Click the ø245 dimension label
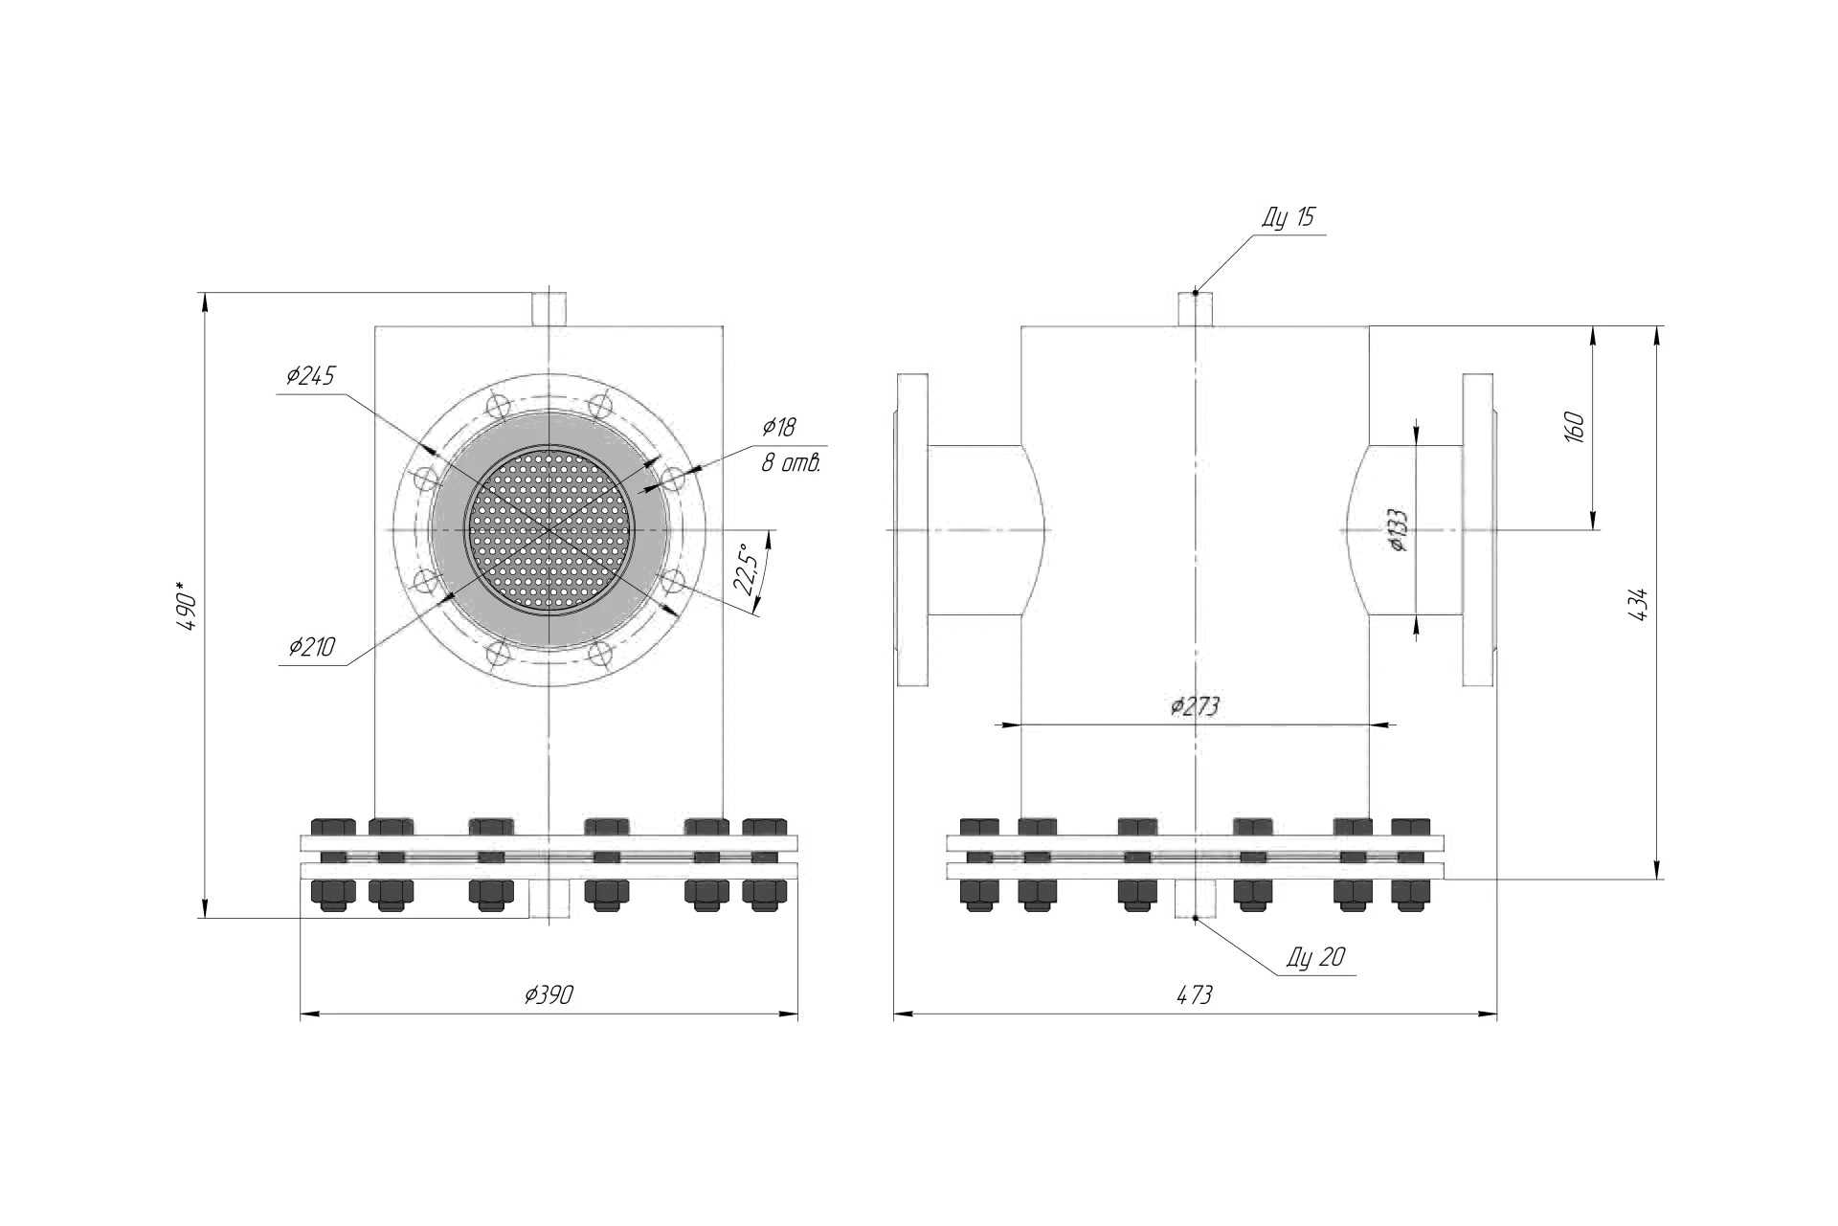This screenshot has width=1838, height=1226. click(x=310, y=376)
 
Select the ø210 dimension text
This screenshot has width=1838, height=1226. click(x=312, y=647)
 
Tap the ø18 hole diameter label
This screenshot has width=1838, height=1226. click(x=778, y=427)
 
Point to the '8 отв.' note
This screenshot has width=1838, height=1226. click(x=791, y=463)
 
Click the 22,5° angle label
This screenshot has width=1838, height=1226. click(x=749, y=569)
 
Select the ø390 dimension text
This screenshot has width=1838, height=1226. click(x=549, y=994)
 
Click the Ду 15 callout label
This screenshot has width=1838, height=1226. click(x=1288, y=217)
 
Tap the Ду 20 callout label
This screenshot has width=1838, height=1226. click(x=1316, y=956)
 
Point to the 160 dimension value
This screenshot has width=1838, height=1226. click(x=1575, y=427)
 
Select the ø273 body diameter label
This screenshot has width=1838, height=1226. click(x=1195, y=706)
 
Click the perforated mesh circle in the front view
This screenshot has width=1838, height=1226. click(x=549, y=529)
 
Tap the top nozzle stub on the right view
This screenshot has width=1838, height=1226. click(x=1195, y=309)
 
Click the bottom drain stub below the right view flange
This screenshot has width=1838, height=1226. click(x=1195, y=899)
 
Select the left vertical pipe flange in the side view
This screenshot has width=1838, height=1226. click(x=911, y=529)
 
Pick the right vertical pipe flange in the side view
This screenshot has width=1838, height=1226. click(x=1479, y=529)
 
